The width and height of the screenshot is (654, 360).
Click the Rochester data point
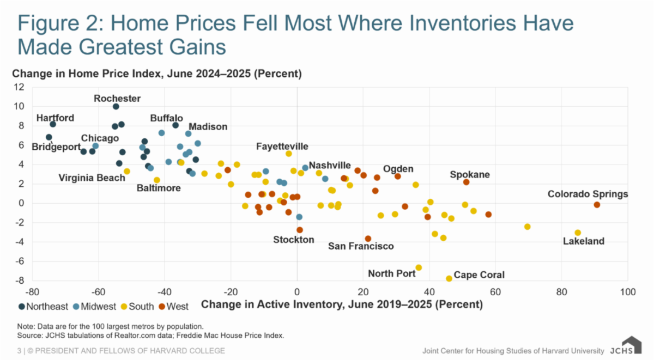pos(116,106)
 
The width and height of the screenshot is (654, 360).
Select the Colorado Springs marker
pos(597,205)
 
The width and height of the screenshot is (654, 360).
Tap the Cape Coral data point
pos(449,278)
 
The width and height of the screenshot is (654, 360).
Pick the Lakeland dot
pos(578,233)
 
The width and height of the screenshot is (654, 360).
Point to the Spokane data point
pos(466,182)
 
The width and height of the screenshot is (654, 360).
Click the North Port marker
pos(419,267)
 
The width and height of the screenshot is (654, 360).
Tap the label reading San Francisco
pos(361,246)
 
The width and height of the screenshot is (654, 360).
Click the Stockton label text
pos(294,240)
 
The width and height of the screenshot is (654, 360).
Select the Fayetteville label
pos(283,146)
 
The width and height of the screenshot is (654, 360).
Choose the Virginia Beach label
pos(92,178)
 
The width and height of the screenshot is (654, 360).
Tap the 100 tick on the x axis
pos(627,292)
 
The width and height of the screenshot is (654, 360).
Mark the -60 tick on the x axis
pos(99,292)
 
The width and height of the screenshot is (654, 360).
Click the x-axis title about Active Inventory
pos(342,305)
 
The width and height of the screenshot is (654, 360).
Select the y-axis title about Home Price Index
pos(157,73)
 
